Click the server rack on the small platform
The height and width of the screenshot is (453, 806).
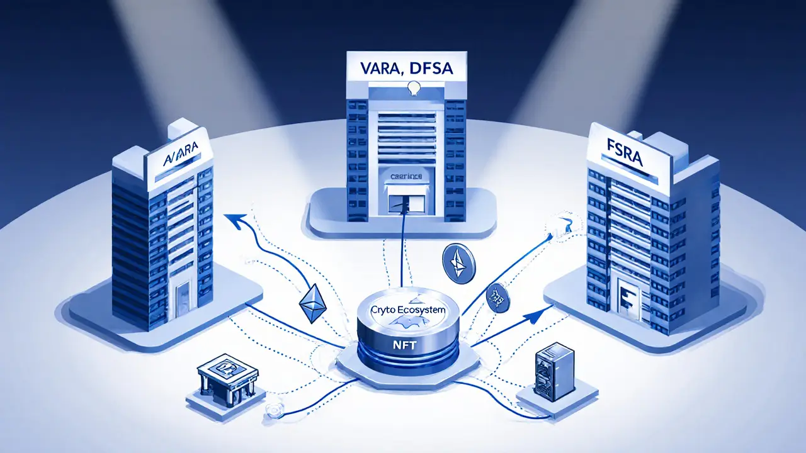548,373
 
